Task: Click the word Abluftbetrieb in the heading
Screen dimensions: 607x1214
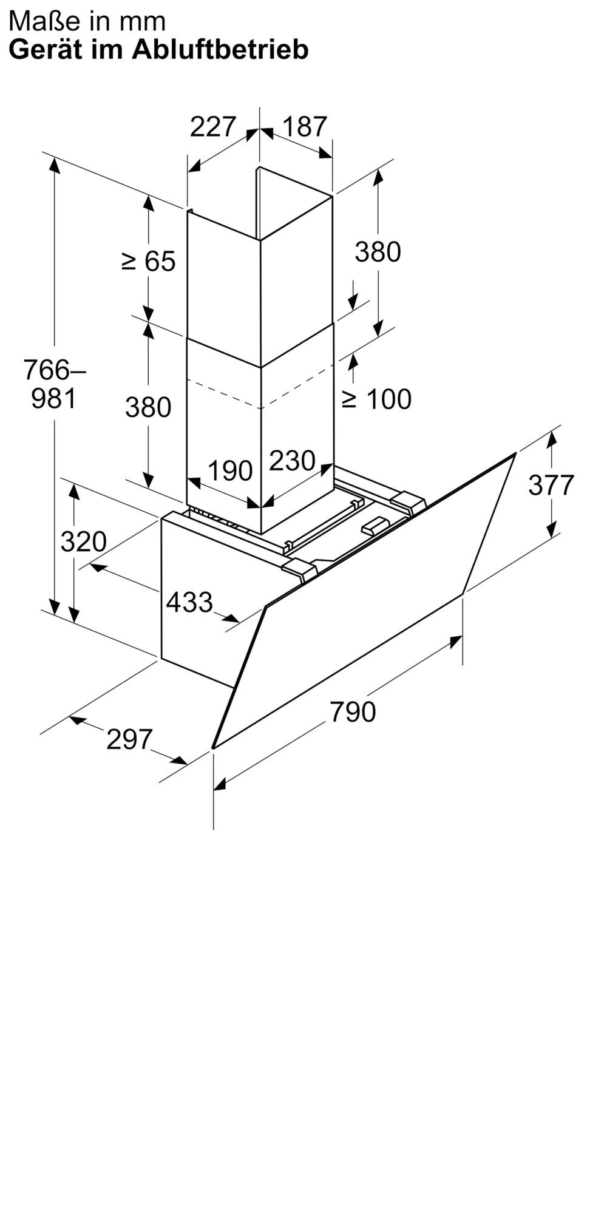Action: pos(220,50)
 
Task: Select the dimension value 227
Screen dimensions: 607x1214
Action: pos(212,127)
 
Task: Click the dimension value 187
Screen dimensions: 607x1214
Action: pos(305,127)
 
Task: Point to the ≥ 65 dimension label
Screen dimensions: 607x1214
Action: pos(149,262)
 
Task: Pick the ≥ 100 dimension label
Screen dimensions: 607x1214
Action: pos(377,399)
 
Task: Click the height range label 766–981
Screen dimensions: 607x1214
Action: pos(54,384)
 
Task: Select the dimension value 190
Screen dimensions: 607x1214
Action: pos(230,471)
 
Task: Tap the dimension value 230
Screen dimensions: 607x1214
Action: pos(292,461)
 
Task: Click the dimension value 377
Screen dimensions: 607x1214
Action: pos(551,485)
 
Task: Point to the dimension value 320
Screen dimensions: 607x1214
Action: pos(83,541)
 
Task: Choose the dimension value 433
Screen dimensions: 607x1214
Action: pos(189,602)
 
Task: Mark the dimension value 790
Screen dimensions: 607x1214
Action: pos(353,711)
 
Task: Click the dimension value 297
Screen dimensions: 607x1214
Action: pos(129,739)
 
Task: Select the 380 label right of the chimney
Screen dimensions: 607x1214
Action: pos(378,252)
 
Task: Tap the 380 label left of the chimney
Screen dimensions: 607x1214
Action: pos(148,407)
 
